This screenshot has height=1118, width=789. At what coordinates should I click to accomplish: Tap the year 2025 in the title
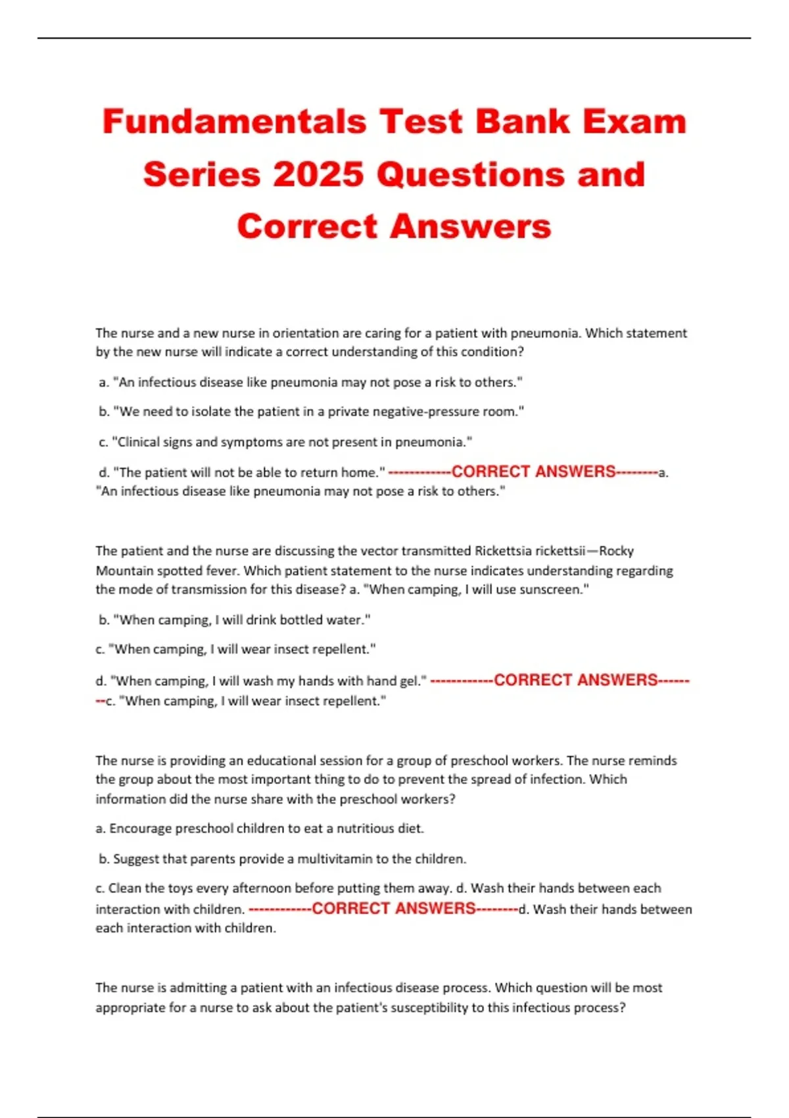point(318,175)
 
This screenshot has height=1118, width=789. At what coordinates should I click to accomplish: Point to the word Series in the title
point(201,175)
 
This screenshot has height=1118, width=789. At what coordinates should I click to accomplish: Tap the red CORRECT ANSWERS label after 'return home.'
point(533,472)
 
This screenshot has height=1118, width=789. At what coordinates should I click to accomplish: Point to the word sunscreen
point(551,589)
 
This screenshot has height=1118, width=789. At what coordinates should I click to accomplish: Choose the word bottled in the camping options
point(301,620)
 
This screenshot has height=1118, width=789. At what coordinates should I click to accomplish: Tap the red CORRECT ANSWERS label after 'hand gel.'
point(575,680)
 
